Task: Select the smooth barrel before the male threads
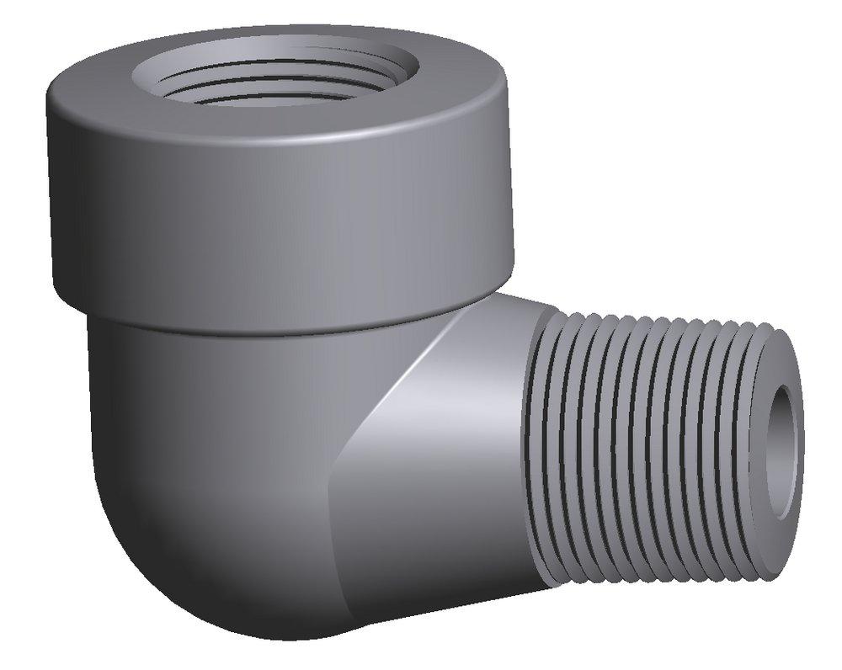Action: tap(472, 438)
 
